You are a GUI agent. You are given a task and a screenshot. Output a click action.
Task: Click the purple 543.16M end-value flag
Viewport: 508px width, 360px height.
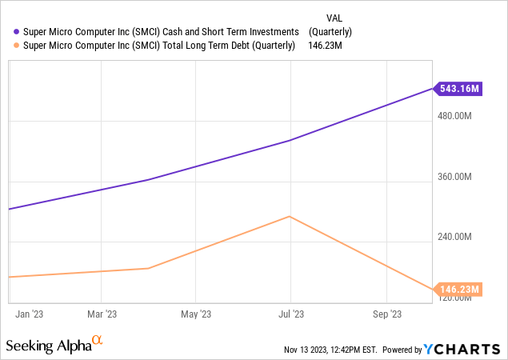[459, 88]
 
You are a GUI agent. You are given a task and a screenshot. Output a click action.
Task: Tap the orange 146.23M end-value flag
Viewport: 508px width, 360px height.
[459, 289]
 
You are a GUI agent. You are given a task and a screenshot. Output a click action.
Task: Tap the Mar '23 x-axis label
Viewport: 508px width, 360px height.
[102, 314]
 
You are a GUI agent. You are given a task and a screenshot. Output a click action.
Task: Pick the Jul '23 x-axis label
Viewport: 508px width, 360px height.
[290, 314]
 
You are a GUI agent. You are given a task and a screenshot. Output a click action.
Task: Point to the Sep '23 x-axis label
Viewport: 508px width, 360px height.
[386, 314]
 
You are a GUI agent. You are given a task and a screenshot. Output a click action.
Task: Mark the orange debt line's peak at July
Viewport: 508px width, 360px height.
[289, 216]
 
